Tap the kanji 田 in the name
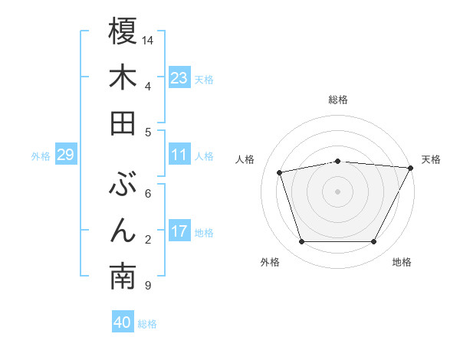[123, 123]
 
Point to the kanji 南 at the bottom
[123, 277]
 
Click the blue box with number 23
[179, 78]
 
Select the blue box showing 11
[179, 155]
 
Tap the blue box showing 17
[179, 231]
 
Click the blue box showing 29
[65, 155]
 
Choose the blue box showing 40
[123, 322]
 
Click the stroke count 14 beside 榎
[148, 39]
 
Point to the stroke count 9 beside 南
[147, 286]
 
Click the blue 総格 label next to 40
[147, 324]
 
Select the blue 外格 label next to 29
[41, 156]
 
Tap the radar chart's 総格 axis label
[337, 100]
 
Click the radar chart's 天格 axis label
[432, 159]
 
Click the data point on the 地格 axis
[373, 242]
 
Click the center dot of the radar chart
[337, 191]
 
